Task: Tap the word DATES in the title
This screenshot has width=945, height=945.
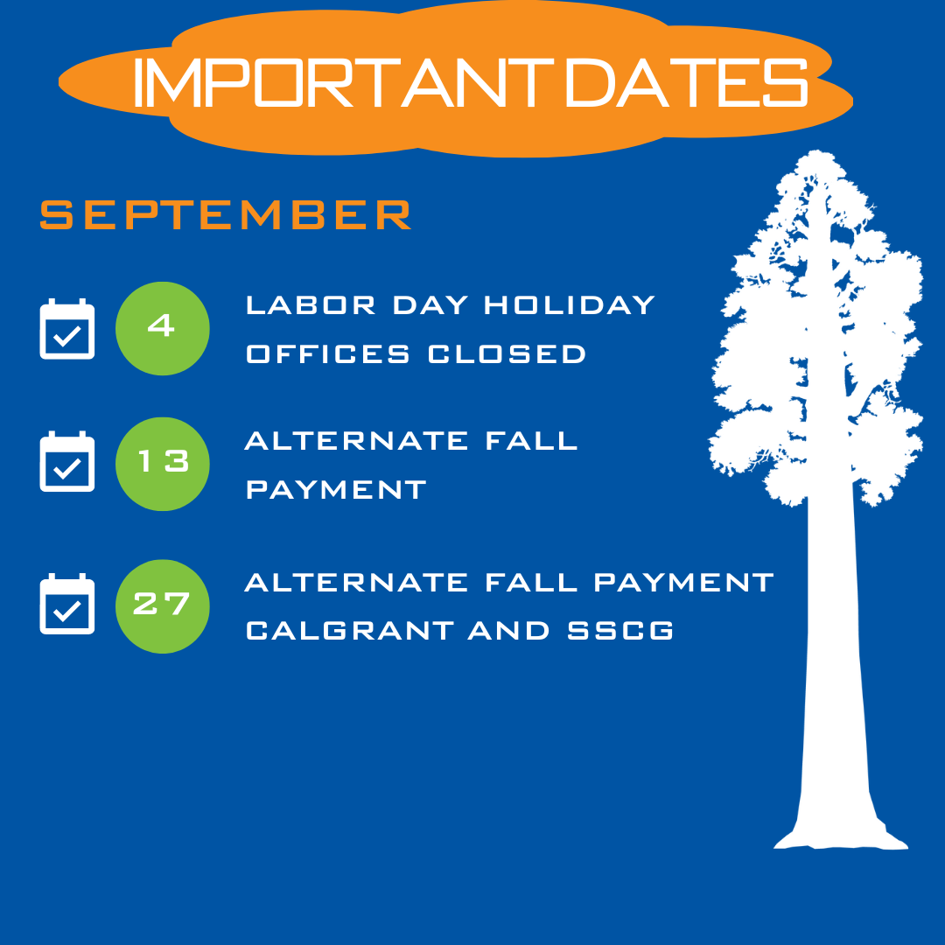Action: [687, 82]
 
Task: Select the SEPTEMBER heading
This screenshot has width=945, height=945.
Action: [226, 214]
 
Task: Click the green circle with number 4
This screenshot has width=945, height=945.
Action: [163, 328]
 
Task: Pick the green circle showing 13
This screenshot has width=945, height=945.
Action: [163, 464]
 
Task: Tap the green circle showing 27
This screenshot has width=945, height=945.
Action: [163, 606]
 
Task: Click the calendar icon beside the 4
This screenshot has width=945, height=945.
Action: [66, 329]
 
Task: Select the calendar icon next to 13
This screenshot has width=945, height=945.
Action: [66, 462]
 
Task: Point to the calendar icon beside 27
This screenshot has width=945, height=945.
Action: [66, 604]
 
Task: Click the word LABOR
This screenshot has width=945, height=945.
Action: [311, 305]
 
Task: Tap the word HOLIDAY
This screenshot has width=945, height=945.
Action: [570, 305]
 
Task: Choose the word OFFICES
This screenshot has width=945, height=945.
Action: [328, 353]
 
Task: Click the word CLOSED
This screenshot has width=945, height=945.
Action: [507, 353]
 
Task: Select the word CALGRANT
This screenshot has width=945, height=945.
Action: [349, 631]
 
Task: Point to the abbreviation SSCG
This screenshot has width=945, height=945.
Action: [620, 631]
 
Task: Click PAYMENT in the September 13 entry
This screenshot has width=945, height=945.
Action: [336, 489]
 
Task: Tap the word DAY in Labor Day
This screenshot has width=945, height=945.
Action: [430, 305]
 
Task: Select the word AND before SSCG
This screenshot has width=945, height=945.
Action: [509, 631]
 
